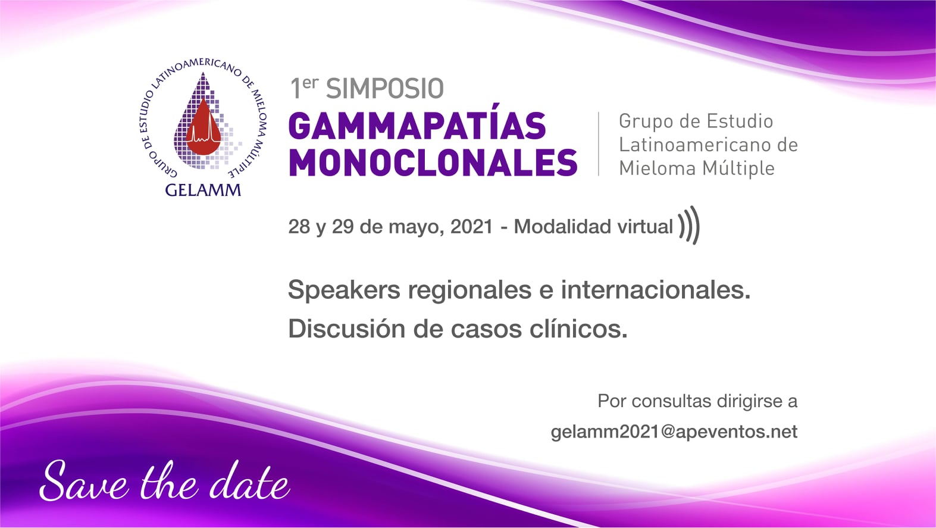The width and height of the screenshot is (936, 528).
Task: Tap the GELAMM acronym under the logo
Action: tap(203, 190)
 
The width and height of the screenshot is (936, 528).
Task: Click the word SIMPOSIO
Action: tap(384, 89)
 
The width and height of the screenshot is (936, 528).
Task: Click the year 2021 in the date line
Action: tap(472, 227)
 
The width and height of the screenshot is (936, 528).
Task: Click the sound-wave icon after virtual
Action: tap(689, 225)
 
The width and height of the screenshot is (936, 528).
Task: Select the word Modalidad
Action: tap(563, 227)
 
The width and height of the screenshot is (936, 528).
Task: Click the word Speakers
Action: tap(344, 290)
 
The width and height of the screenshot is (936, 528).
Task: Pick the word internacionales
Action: tap(655, 290)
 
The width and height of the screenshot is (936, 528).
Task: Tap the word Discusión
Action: tap(347, 329)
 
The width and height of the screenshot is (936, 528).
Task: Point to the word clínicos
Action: tap(578, 329)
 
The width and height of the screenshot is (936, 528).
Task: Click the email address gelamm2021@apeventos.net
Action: tap(674, 432)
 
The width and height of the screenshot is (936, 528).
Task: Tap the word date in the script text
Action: tap(249, 481)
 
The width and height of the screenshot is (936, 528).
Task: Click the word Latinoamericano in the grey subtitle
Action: tap(690, 145)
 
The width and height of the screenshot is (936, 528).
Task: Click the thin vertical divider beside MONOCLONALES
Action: tap(599, 144)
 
